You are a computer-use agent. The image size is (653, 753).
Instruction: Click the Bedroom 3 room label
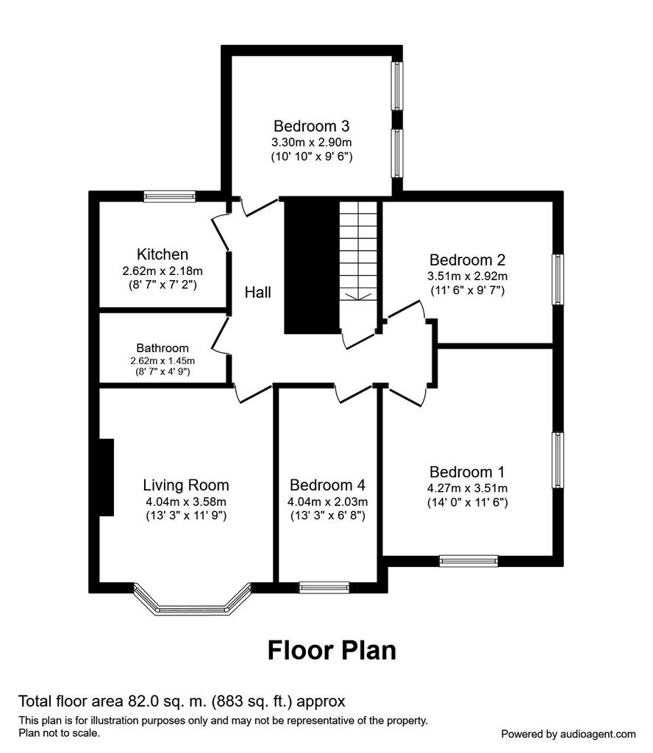(311, 126)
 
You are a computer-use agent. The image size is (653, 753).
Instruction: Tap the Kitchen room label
(163, 254)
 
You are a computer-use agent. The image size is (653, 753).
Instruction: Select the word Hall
(258, 292)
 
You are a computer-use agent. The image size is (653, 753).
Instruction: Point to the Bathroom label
(163, 348)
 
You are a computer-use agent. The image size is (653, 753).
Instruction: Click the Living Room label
(186, 485)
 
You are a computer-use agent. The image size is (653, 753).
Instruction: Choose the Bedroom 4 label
(327, 485)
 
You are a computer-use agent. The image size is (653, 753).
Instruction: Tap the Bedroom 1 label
(467, 472)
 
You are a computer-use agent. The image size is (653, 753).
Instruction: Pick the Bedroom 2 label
(467, 260)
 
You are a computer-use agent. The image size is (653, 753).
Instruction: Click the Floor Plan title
(332, 650)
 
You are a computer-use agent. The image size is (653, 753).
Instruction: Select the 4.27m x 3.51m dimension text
(467, 488)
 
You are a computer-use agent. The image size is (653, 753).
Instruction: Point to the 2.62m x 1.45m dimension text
(163, 360)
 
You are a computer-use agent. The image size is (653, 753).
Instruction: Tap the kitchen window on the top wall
(169, 196)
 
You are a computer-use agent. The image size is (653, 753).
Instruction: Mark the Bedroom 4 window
(324, 587)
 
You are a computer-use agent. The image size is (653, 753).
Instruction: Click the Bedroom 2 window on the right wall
(557, 279)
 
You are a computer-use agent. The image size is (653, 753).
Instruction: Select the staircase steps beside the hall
(358, 251)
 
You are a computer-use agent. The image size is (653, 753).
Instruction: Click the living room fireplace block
(106, 477)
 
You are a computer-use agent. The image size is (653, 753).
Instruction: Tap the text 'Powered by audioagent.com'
(568, 734)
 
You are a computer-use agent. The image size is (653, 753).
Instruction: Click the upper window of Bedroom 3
(397, 85)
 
